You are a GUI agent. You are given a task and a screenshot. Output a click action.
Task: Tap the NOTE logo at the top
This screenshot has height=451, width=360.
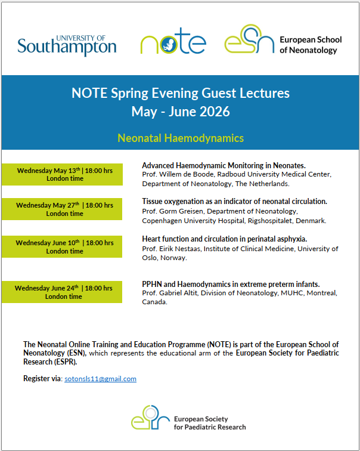(x=173, y=42)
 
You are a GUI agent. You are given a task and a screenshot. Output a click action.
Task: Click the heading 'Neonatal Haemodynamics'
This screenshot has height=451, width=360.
(x=181, y=138)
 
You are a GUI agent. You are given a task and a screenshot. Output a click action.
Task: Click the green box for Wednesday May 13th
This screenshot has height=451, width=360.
(x=62, y=174)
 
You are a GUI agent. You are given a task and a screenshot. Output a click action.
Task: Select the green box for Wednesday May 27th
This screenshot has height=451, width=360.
(x=62, y=209)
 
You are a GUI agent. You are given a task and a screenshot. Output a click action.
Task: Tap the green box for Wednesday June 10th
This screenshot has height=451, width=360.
(x=62, y=246)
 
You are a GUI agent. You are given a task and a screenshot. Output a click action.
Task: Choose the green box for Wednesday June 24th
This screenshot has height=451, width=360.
(x=62, y=292)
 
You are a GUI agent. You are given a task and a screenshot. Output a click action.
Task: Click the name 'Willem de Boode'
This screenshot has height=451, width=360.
(x=186, y=174)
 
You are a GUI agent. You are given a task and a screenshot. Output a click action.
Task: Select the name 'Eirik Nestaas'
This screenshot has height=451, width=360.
(x=181, y=249)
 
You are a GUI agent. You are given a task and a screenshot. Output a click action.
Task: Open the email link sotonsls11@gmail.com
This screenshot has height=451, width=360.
(x=100, y=379)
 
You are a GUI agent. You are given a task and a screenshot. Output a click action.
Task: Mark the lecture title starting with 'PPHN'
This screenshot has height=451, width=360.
(x=231, y=284)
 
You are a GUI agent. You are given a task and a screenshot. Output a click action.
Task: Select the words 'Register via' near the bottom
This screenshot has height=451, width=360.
(x=42, y=379)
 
